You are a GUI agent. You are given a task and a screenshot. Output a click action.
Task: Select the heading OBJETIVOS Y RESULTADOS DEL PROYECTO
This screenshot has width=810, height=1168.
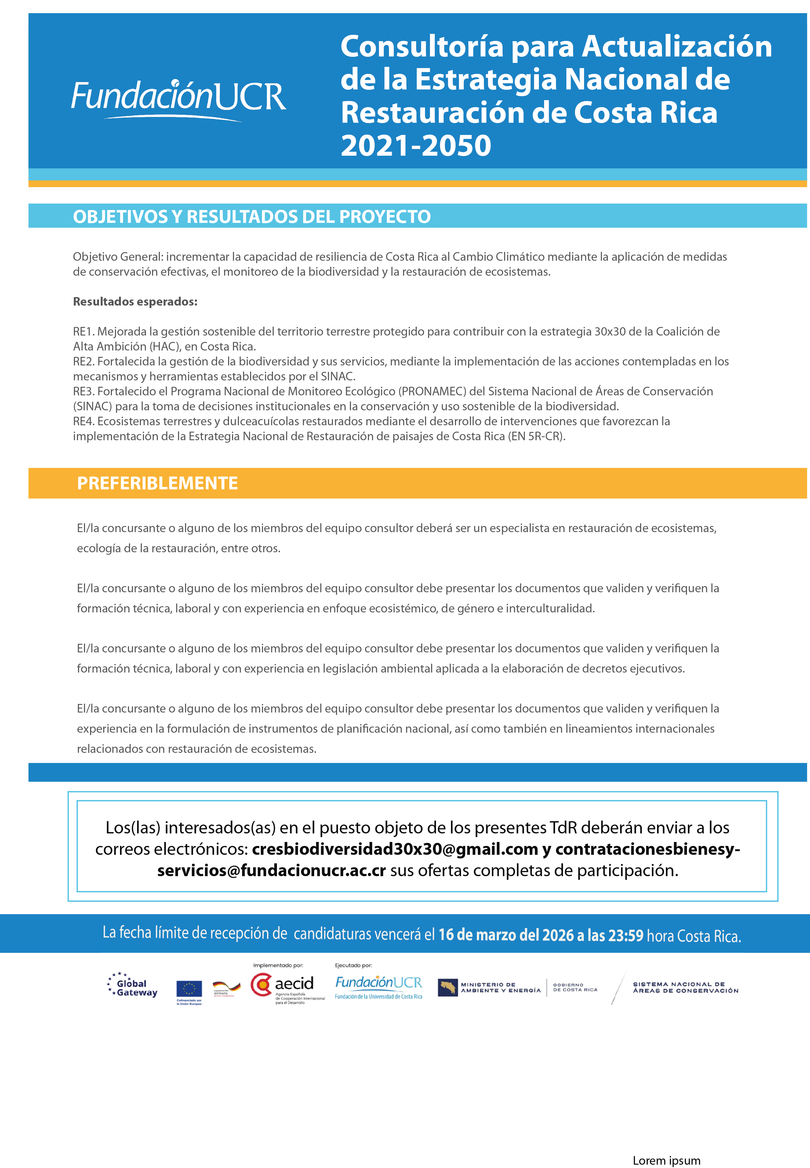point(252,217)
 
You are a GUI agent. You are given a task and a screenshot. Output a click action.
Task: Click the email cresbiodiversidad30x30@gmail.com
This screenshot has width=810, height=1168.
point(394,849)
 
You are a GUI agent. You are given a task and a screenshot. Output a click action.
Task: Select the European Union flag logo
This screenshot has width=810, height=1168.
point(189,989)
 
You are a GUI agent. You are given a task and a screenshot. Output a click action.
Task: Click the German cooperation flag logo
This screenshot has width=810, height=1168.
point(226,987)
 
